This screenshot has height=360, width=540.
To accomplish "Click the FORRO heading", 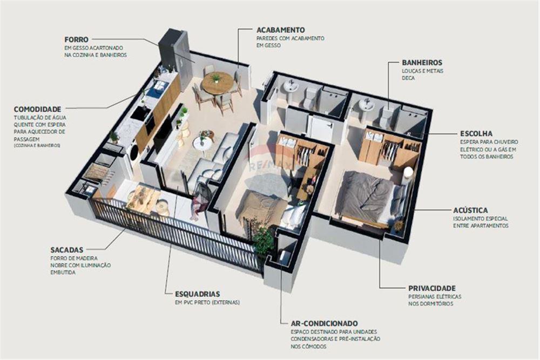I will click(x=76, y=39).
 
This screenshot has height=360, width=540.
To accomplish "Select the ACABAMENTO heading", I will click(x=281, y=30).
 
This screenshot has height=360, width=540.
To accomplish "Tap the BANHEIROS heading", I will click(x=422, y=63).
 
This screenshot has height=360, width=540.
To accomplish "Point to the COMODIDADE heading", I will click(x=37, y=108).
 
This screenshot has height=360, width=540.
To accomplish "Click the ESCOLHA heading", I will click(x=476, y=133).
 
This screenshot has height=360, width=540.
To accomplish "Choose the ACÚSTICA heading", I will click(x=470, y=210).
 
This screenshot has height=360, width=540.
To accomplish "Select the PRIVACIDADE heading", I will click(x=432, y=288).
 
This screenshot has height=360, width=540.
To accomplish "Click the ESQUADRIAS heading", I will click(x=197, y=294).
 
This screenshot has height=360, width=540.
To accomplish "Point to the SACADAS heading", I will click(x=66, y=250).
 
